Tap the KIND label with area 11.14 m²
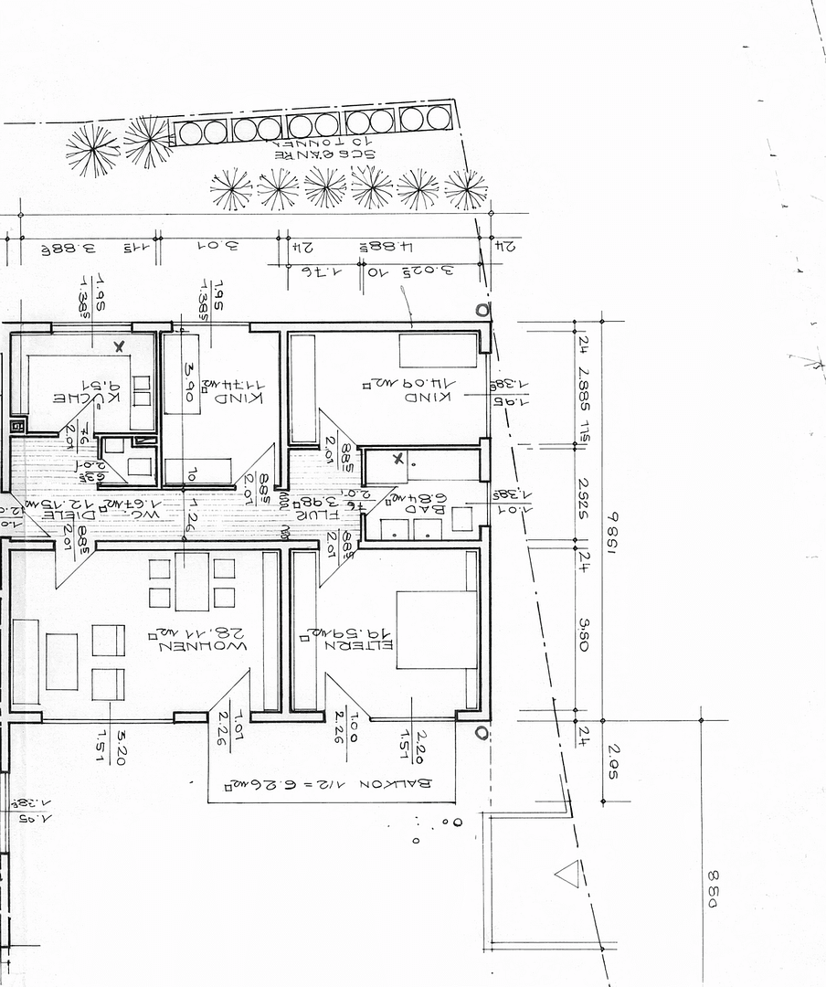pos(239,398)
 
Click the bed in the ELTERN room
pos(437,630)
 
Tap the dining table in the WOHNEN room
pos(192,581)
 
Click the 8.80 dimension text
pos(713,889)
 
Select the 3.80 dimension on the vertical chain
pos(584,632)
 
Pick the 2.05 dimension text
pos(613,760)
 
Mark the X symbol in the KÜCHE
pos(119,346)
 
